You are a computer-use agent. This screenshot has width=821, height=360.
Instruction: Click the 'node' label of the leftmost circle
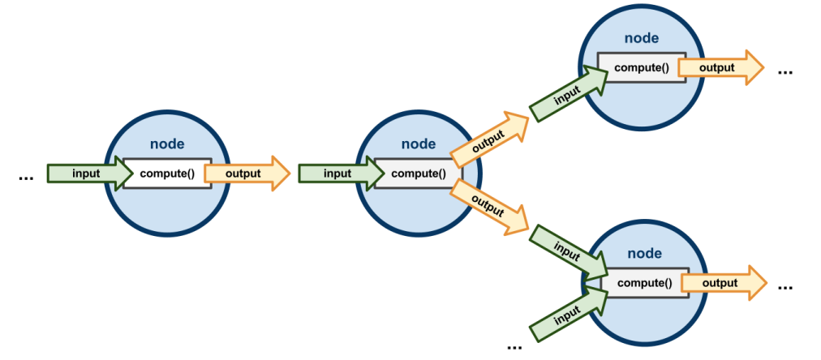pyautogui.click(x=167, y=144)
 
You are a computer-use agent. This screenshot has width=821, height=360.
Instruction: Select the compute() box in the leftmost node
pyautogui.click(x=167, y=174)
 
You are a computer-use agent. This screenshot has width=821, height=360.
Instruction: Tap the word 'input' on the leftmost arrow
pyautogui.click(x=86, y=174)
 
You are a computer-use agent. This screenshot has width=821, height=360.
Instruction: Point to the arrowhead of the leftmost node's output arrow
pyautogui.click(x=280, y=174)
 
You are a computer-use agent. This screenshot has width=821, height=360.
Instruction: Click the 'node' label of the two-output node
pyautogui.click(x=419, y=144)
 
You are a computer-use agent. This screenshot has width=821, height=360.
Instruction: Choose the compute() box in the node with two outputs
pyautogui.click(x=419, y=174)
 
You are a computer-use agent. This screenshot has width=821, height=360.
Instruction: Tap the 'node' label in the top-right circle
pyautogui.click(x=641, y=38)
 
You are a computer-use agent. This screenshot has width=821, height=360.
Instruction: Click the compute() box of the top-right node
pyautogui.click(x=641, y=67)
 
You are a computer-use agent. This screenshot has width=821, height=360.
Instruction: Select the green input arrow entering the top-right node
pyautogui.click(x=568, y=95)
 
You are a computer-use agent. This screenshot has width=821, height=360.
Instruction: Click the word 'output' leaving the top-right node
pyautogui.click(x=716, y=67)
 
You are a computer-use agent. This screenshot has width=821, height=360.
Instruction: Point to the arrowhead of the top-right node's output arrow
pyautogui.click(x=754, y=67)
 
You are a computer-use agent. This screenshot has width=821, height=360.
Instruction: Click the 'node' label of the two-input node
pyautogui.click(x=644, y=254)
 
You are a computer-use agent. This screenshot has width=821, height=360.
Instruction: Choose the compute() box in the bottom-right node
pyautogui.click(x=645, y=283)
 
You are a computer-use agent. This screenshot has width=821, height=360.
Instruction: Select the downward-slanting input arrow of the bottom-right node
pyautogui.click(x=568, y=251)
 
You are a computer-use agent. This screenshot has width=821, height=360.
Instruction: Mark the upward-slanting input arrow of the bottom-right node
pyautogui.click(x=568, y=314)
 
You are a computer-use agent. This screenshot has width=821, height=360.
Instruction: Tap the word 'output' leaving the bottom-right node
pyautogui.click(x=720, y=283)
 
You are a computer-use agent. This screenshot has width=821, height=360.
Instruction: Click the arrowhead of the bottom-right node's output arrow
pyautogui.click(x=756, y=283)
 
